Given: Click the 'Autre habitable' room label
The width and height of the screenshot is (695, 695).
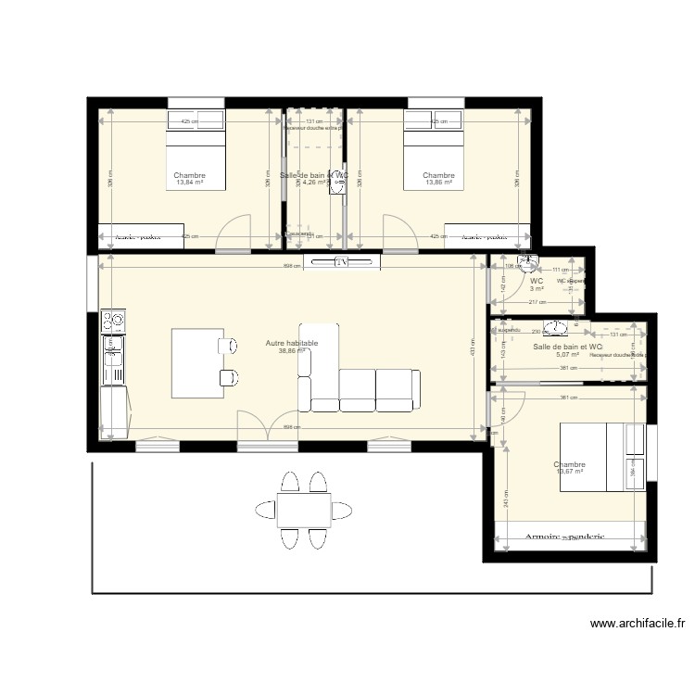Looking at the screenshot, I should coord(292,343).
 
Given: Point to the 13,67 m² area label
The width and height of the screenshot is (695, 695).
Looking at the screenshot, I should coord(569,472).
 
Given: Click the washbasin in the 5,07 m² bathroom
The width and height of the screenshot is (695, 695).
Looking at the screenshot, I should coord(556,327).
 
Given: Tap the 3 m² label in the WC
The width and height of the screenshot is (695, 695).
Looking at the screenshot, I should coord(537,289).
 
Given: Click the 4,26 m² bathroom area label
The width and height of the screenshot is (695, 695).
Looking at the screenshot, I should coord(315,183).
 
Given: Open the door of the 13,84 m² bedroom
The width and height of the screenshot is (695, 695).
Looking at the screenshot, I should coord(234,234).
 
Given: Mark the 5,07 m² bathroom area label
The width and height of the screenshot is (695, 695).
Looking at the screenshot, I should coord(567,355).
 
